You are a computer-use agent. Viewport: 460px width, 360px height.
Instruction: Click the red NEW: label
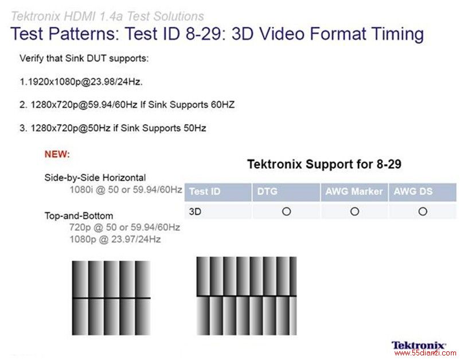pos(57,154)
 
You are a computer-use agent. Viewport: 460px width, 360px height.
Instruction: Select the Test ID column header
pos(205,191)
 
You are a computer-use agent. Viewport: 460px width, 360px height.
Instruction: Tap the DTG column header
pos(267,191)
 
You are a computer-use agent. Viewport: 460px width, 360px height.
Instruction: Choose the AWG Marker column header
pos(354,191)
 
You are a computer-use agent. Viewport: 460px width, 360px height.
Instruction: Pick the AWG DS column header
pos(413,191)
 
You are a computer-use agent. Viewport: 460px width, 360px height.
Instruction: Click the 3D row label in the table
pos(195,211)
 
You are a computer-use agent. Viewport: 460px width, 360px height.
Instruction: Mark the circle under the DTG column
pos(286,211)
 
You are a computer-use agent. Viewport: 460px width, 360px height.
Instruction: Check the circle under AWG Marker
pos(354,211)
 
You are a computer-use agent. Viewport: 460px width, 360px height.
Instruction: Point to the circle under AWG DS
pos(423,211)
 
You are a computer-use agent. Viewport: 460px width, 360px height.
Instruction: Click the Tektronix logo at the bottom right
pos(419,346)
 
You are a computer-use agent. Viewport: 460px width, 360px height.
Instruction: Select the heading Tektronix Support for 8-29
pos(324,164)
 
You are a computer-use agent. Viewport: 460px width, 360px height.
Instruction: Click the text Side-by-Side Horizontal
pos(95,178)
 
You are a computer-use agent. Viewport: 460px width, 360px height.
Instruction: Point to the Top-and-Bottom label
pos(79,216)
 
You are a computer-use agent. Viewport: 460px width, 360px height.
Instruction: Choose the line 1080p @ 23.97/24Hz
pos(115,239)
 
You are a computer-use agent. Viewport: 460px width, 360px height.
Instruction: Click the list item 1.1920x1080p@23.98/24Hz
pos(81,82)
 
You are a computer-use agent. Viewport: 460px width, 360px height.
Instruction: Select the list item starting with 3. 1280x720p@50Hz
pos(112,128)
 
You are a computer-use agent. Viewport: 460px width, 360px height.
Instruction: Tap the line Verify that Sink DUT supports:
pos(84,58)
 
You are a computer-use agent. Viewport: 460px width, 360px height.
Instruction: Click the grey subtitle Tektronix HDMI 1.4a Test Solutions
pos(107,16)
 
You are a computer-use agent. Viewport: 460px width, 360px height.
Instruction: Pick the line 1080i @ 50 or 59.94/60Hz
pos(126,189)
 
